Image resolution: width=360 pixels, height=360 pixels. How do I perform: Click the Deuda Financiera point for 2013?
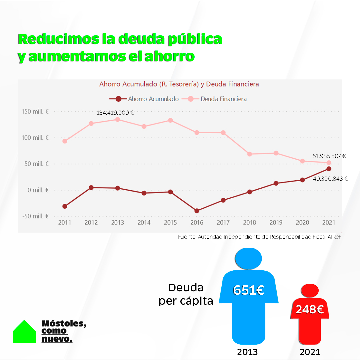[117, 119]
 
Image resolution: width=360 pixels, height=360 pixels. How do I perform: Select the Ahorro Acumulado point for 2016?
[197, 211]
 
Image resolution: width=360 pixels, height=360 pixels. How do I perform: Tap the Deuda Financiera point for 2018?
[250, 154]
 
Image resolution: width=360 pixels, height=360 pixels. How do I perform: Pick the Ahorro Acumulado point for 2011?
[65, 206]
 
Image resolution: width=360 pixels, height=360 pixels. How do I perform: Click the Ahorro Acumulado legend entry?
[144, 99]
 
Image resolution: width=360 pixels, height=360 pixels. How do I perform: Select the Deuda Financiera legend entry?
[217, 99]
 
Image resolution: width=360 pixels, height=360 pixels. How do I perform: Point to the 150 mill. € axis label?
[35, 112]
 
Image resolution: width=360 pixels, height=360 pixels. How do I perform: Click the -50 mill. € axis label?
[35, 216]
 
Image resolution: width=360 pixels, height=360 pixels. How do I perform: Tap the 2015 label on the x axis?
[170, 223]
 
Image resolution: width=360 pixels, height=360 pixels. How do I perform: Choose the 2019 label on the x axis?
[276, 223]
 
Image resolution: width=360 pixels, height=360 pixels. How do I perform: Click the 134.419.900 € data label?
[115, 113]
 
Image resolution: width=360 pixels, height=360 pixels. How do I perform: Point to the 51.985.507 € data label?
[329, 156]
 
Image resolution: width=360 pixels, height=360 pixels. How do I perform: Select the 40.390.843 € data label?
[330, 179]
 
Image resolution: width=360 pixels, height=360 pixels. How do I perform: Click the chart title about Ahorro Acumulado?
[179, 84]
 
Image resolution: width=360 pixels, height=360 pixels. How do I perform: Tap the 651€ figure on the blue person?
[249, 290]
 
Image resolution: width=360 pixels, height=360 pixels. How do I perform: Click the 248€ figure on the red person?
[310, 310]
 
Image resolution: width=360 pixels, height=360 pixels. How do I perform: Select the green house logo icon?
[24, 332]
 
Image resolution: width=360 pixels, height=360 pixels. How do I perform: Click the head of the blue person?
[248, 258]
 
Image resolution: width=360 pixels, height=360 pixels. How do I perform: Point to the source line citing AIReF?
[260, 237]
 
